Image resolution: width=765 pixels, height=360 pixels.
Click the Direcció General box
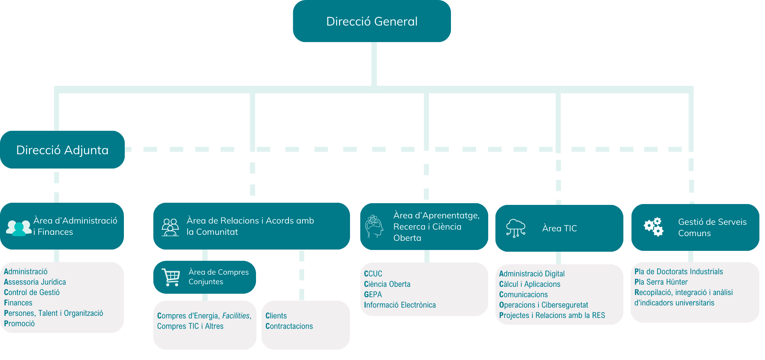(372, 21)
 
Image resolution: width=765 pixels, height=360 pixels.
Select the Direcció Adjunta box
(62, 150)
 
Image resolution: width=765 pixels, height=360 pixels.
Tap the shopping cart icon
(171, 277)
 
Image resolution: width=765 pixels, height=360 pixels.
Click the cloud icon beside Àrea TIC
(515, 228)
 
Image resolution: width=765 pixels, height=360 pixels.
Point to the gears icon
(653, 227)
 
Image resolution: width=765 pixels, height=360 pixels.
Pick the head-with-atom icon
(374, 226)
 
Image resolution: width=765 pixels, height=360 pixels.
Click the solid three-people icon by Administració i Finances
(19, 227)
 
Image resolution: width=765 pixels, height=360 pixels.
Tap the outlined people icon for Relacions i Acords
(170, 227)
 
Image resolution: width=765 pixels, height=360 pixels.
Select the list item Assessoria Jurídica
(35, 282)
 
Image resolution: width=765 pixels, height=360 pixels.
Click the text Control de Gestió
(32, 292)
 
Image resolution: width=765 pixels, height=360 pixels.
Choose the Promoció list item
(19, 324)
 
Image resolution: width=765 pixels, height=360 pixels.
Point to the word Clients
(276, 316)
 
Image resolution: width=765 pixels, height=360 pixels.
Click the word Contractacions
(289, 326)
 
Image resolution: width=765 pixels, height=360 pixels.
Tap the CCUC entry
(373, 274)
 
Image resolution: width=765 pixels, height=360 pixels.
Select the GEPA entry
(373, 295)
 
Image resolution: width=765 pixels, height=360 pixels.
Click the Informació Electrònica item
(400, 305)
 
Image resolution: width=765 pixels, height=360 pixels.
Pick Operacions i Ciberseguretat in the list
(544, 305)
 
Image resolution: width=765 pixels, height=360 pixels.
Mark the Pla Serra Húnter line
(661, 282)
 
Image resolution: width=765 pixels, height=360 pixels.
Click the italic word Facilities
(236, 316)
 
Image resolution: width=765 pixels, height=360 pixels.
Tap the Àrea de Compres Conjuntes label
(218, 277)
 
